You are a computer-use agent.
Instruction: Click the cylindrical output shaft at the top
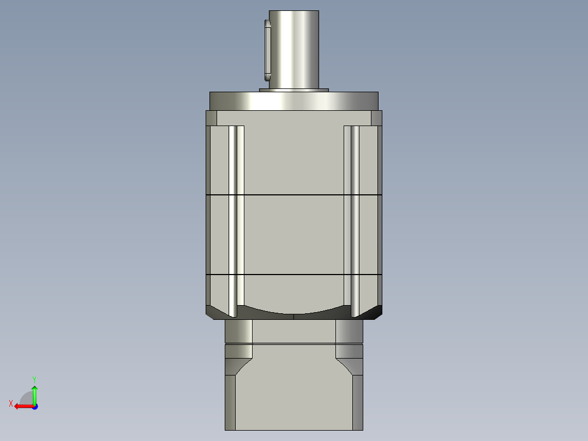point(293,49)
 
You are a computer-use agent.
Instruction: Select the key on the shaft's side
point(267,49)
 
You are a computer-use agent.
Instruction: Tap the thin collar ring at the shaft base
point(293,90)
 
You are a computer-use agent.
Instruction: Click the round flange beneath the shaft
point(293,101)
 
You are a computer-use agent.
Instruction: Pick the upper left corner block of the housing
point(211,118)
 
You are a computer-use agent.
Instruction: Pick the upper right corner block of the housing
point(376,118)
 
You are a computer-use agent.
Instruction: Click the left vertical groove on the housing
point(236,218)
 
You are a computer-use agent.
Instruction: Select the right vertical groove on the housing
point(352,218)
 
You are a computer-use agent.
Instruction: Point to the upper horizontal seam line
point(293,194)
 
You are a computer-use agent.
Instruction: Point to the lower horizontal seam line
point(293,274)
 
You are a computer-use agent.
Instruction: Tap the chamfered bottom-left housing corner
point(215,313)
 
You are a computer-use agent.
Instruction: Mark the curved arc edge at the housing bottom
point(293,314)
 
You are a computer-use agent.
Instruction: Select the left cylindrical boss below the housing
point(238,331)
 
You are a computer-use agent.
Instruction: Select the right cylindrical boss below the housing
point(349,331)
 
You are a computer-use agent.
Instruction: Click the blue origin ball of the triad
point(34,407)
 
